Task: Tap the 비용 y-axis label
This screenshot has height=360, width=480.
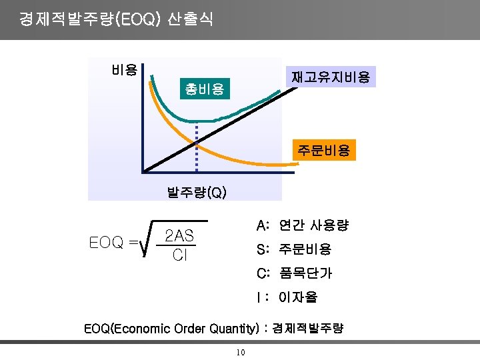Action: tap(125, 69)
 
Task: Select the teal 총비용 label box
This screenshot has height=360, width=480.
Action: tap(205, 88)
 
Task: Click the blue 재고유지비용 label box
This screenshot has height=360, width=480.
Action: tap(331, 77)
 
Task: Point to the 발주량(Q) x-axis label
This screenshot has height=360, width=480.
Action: tap(197, 193)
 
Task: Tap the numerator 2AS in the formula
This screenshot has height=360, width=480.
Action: tap(179, 235)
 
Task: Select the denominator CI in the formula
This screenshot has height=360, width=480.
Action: tap(179, 255)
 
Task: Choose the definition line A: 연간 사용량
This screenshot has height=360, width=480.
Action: tap(302, 225)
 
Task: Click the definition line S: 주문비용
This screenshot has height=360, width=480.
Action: tap(293, 249)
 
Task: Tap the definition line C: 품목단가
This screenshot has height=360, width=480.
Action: tap(294, 273)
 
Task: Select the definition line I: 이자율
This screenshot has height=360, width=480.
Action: tap(287, 297)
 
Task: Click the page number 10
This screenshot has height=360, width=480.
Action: tap(241, 353)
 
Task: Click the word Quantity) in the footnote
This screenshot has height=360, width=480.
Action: tap(234, 329)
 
